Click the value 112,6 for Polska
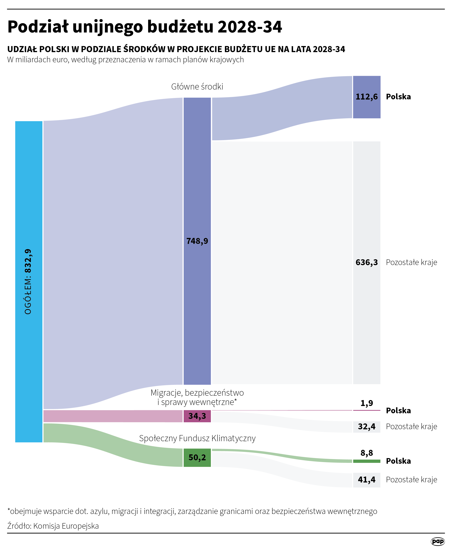[x=366, y=97]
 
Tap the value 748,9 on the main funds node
[x=197, y=241]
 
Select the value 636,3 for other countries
[x=366, y=262]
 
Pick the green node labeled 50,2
[x=197, y=457]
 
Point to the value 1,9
[x=367, y=403]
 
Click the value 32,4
[x=367, y=426]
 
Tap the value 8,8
[x=367, y=453]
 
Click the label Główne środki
[x=197, y=86]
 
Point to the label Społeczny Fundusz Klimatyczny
[x=197, y=438]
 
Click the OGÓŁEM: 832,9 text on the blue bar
[x=28, y=281]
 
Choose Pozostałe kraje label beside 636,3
[x=411, y=262]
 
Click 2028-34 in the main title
[x=250, y=27]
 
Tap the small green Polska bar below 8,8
[x=367, y=461]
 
